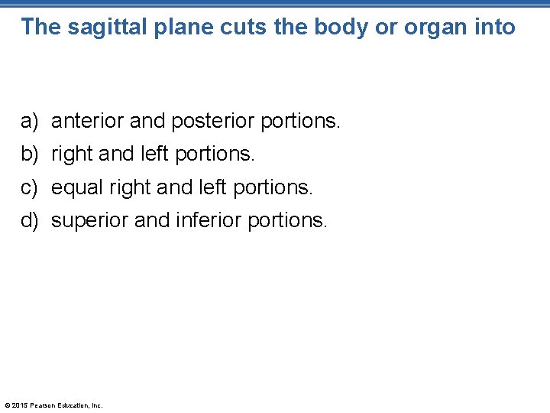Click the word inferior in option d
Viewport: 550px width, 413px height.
click(x=199, y=221)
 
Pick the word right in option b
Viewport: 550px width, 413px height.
click(x=73, y=154)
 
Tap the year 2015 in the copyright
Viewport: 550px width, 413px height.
click(x=21, y=405)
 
